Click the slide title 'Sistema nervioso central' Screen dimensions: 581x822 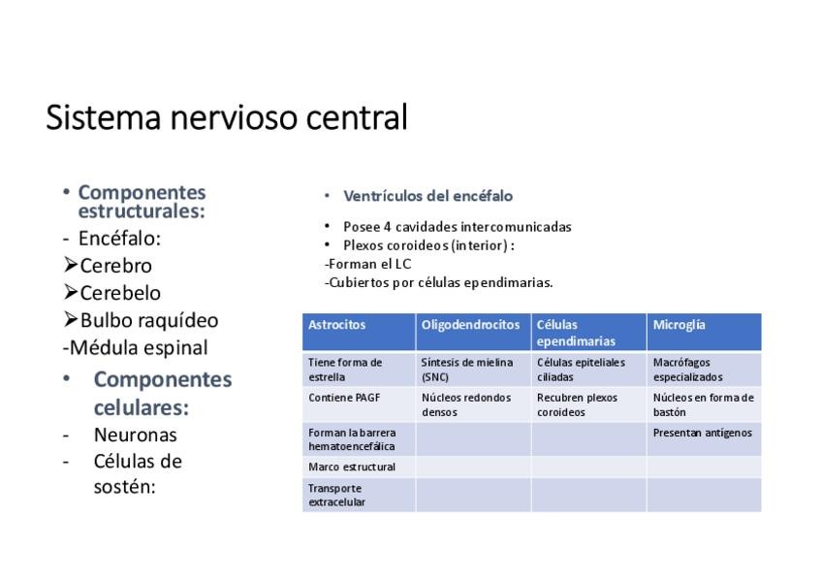227,118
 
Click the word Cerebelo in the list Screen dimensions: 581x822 120,293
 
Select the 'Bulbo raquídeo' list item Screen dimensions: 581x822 148,320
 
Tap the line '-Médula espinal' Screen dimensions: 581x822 135,347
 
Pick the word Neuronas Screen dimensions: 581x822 135,435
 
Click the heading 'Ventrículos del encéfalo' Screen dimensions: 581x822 427,196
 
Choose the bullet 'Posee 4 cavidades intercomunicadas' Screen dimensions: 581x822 457,227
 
